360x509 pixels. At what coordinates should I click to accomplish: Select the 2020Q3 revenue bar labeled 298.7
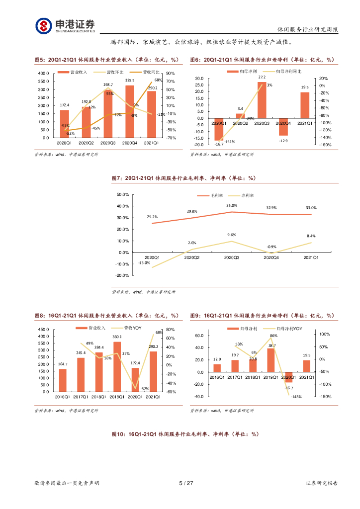click(108, 114)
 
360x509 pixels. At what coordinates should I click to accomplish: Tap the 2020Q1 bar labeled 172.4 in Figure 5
click(65, 124)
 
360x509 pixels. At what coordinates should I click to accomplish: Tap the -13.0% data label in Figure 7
click(144, 262)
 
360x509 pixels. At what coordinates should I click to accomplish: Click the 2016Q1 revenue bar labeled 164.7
click(63, 380)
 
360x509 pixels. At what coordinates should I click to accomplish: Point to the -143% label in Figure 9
click(296, 397)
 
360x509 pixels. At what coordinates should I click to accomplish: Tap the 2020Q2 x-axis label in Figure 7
click(191, 257)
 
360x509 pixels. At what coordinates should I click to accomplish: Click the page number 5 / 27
click(186, 483)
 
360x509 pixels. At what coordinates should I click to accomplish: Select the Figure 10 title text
click(185, 434)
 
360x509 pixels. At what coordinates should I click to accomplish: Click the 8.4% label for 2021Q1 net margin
click(311, 236)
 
